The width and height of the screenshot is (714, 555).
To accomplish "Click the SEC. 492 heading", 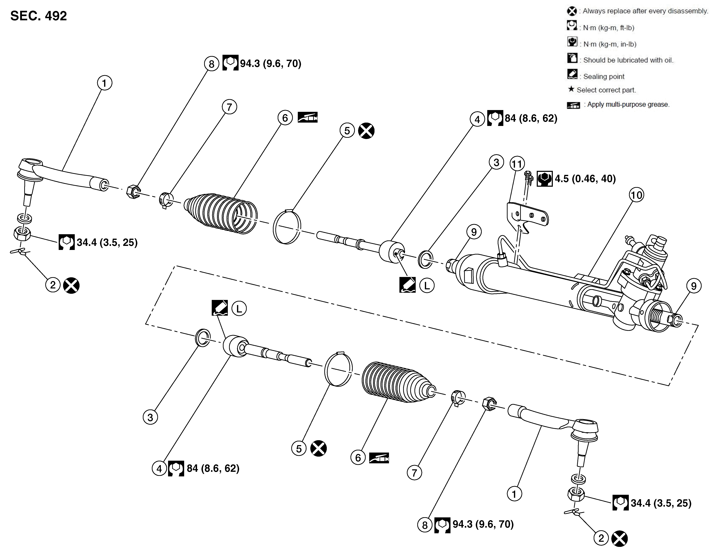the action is pos(39,16).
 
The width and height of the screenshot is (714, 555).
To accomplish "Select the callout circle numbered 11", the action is pos(517,164).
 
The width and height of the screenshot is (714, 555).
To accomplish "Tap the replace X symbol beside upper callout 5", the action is pos(366,131).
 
